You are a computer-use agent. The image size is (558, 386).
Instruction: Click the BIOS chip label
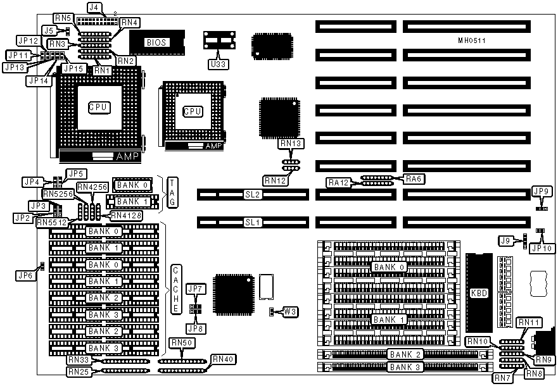[155, 42]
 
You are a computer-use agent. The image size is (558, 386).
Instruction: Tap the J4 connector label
[94, 8]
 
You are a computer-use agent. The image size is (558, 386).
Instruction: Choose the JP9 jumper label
[541, 192]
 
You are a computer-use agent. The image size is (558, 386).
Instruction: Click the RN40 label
[224, 359]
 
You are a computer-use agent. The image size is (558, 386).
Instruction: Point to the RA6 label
[414, 179]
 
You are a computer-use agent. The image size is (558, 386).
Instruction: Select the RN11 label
[528, 323]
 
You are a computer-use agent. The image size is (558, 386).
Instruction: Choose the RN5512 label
[51, 221]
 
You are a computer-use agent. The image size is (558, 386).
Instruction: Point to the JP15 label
[73, 68]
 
